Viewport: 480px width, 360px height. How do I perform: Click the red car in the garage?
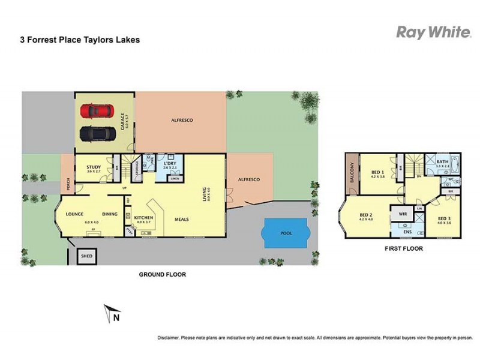click(98, 112)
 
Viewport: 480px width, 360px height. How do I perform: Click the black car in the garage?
click(97, 133)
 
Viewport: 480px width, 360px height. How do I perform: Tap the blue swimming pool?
click(286, 233)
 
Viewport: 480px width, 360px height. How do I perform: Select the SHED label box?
click(88, 257)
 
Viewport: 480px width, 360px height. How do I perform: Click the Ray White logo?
click(433, 32)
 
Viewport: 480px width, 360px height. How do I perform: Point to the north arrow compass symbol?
click(112, 313)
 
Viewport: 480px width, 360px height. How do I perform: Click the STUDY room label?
click(93, 167)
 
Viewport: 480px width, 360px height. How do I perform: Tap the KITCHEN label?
click(144, 218)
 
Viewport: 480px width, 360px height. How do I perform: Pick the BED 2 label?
click(366, 215)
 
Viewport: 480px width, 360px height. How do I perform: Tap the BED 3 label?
click(443, 219)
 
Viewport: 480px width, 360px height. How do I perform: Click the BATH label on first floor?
click(442, 162)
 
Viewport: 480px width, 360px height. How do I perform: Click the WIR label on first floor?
click(403, 213)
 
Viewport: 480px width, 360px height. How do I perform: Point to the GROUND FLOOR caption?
click(163, 274)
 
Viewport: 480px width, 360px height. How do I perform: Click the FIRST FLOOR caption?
click(403, 248)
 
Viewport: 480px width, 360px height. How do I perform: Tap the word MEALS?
click(182, 219)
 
